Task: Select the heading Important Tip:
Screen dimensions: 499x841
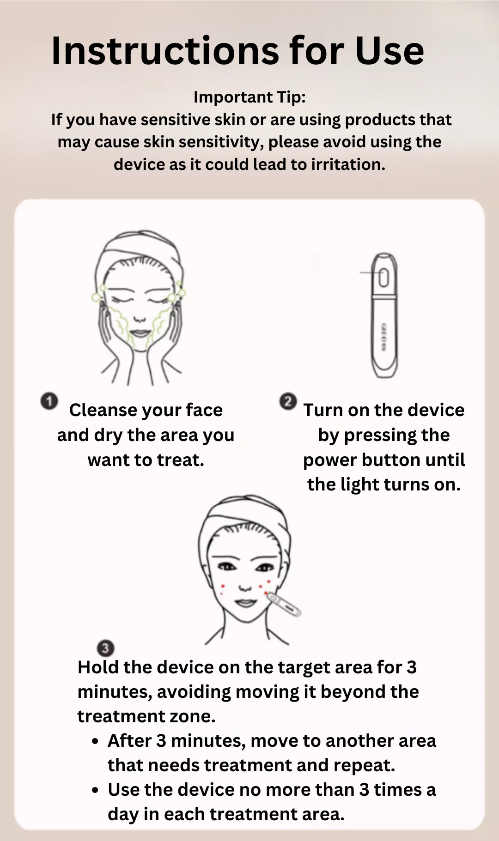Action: point(249,97)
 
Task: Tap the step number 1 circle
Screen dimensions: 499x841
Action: point(49,401)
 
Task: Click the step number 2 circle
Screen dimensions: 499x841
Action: point(288,401)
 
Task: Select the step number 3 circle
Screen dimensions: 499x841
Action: point(105,648)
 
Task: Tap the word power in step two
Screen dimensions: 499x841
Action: point(329,461)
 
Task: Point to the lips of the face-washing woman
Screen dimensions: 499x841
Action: point(140,333)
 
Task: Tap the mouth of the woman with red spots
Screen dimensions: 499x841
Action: point(245,603)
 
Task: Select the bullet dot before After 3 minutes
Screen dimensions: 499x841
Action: point(95,742)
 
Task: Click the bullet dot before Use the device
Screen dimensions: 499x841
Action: point(95,791)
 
